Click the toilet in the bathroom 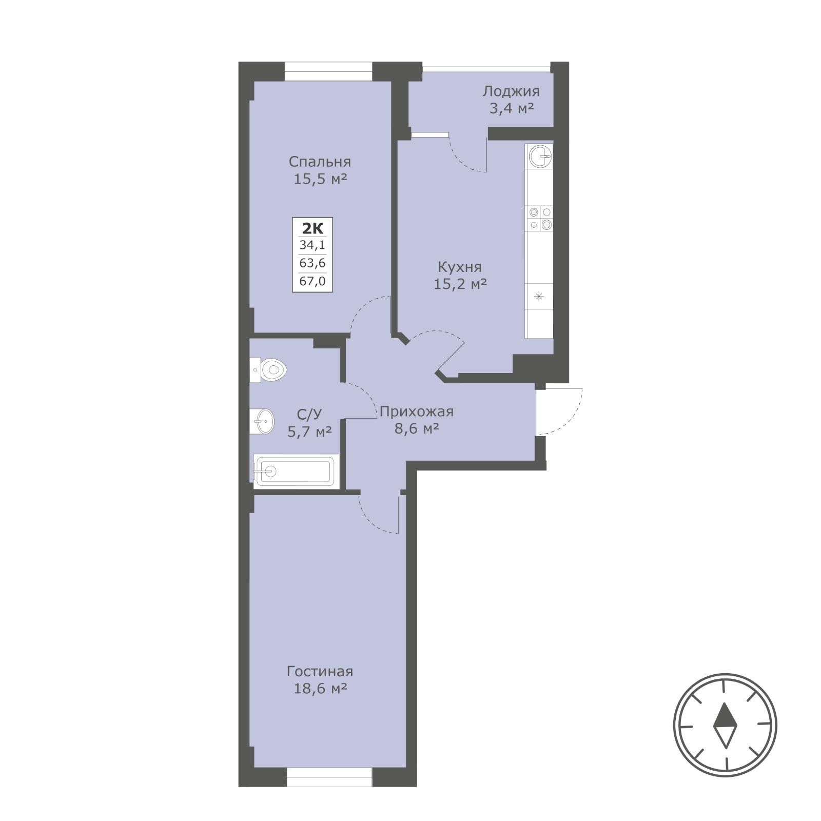click(x=268, y=369)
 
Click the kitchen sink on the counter click(x=539, y=155)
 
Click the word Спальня click(x=320, y=162)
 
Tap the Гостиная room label click(x=320, y=671)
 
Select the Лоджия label click(x=511, y=92)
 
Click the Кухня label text click(x=460, y=267)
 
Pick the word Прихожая click(x=417, y=412)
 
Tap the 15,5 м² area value click(x=320, y=179)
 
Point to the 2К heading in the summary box click(x=312, y=228)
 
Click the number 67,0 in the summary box click(x=312, y=281)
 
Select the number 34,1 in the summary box click(x=312, y=246)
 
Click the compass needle click(x=725, y=725)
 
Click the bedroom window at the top click(x=328, y=71)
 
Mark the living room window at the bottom click(x=329, y=777)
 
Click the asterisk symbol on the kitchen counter click(x=539, y=296)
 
